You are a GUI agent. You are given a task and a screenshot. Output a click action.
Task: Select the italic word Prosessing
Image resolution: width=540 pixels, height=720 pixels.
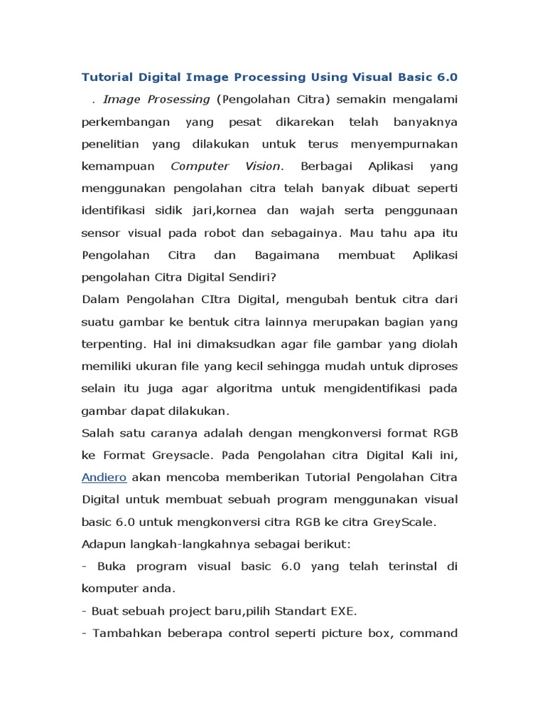179,99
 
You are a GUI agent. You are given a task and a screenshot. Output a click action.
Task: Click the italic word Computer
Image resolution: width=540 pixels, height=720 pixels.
200,166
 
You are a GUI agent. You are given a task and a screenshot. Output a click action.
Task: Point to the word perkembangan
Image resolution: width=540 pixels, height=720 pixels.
126,122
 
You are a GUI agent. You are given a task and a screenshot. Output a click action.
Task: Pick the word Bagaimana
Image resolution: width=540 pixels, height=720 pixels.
276,254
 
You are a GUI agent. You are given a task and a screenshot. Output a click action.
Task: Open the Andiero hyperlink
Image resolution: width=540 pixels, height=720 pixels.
104,477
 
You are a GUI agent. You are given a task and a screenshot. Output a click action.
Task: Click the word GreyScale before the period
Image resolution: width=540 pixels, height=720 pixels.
404,522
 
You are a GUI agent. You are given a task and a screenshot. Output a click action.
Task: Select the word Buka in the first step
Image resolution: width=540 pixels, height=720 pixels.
111,566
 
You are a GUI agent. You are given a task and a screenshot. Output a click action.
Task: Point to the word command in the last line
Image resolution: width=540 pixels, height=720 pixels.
430,633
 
